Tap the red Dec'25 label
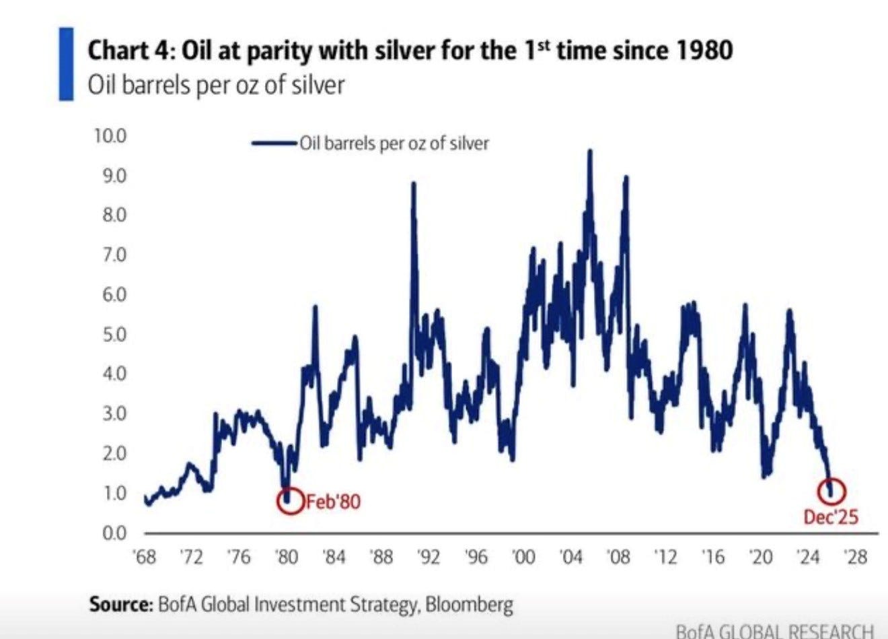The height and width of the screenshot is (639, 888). click(x=831, y=516)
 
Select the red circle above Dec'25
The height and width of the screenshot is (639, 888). click(x=831, y=491)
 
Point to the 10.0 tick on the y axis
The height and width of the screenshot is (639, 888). click(x=110, y=136)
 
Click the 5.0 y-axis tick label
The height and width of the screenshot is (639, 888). click(x=112, y=335)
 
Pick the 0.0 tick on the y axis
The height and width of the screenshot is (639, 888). click(x=112, y=533)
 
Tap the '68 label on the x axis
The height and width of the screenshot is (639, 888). click(x=145, y=558)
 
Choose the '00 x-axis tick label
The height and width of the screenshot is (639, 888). click(x=523, y=558)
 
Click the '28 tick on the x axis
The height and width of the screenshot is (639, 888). click(x=856, y=558)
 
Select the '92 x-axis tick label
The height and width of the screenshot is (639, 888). click(x=429, y=558)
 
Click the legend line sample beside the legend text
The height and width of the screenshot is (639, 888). click(x=274, y=143)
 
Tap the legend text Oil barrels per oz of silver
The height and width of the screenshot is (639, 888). click(x=394, y=143)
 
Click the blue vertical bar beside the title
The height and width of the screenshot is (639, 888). click(x=66, y=64)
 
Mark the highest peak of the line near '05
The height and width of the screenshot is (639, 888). click(x=590, y=151)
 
